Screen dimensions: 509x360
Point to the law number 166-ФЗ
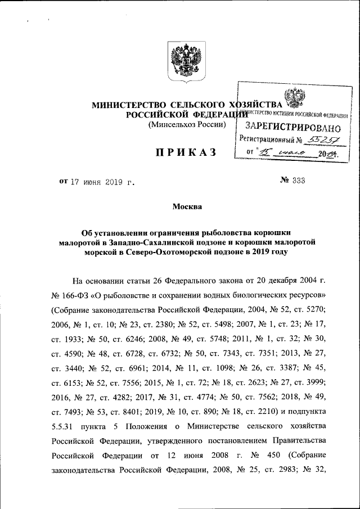click(80, 295)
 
